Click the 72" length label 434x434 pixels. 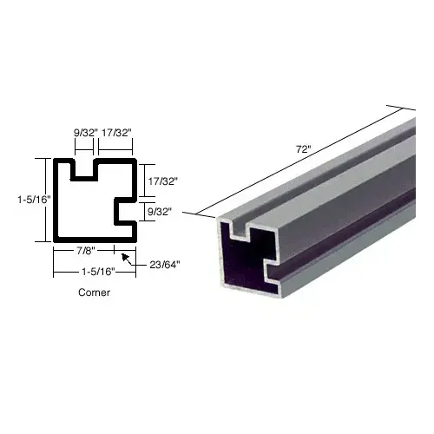point(303,149)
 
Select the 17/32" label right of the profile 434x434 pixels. point(162,181)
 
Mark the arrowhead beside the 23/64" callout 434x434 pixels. point(127,256)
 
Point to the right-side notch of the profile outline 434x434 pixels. point(125,209)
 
